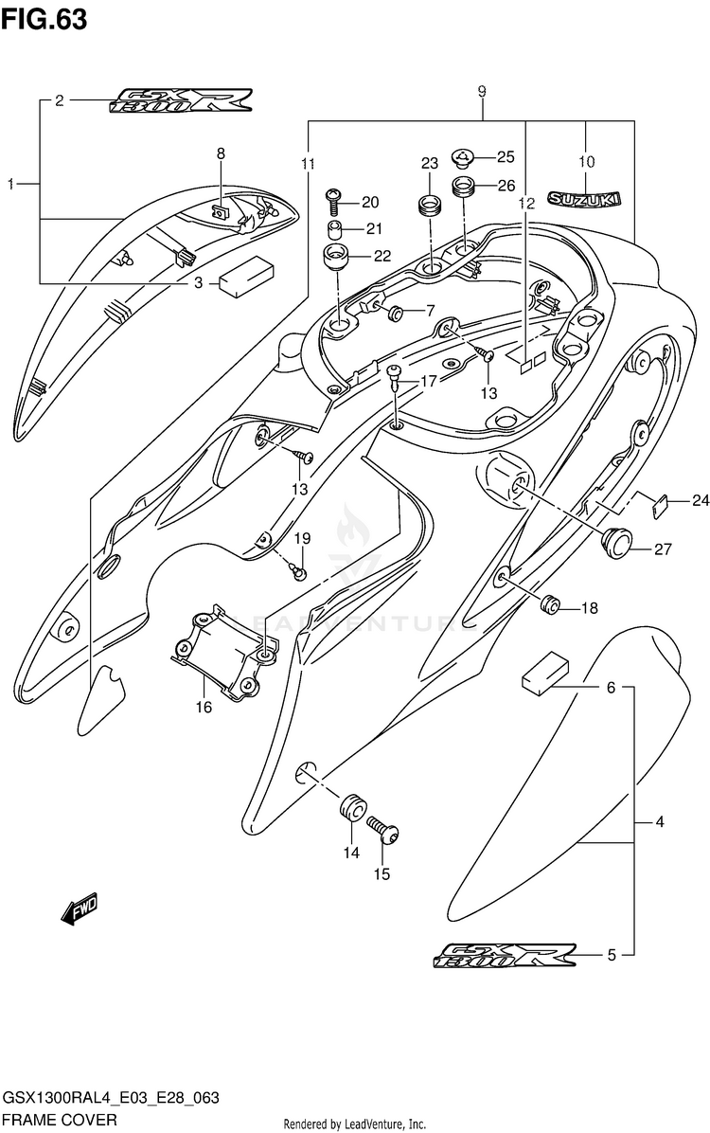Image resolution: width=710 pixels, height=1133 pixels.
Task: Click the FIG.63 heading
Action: [x=45, y=19]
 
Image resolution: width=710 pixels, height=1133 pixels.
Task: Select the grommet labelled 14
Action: [x=351, y=806]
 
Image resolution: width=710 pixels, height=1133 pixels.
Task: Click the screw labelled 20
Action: [x=334, y=200]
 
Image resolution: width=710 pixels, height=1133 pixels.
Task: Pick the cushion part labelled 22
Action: [x=335, y=256]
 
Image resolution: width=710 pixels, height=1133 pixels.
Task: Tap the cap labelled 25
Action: [x=463, y=156]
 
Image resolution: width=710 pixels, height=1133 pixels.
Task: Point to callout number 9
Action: [x=482, y=91]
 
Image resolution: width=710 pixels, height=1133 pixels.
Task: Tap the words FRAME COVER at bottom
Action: [x=60, y=1120]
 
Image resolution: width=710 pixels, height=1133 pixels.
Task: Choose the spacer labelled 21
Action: [x=334, y=229]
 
